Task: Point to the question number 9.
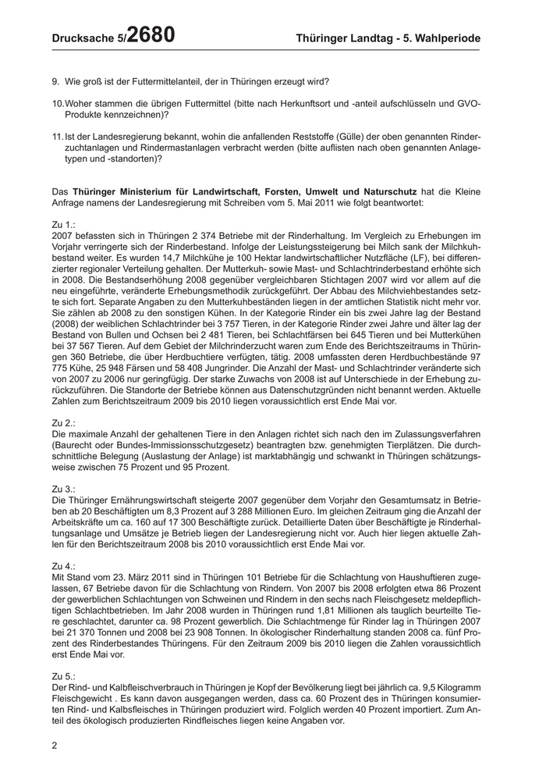click(55, 81)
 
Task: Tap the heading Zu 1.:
click(65, 225)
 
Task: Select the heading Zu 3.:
click(65, 488)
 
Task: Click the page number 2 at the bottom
click(55, 746)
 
